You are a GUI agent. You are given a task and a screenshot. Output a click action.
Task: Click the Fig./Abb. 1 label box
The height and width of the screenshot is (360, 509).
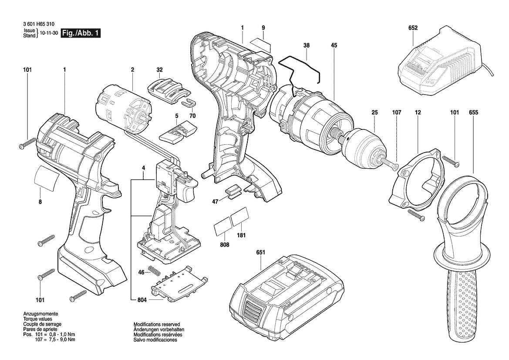point(81,33)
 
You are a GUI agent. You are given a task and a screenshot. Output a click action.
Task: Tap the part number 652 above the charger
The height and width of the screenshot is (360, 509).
point(413,28)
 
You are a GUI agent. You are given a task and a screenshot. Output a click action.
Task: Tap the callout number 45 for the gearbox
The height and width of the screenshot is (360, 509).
point(334,45)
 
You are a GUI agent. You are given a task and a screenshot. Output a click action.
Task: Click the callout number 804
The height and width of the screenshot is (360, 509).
point(142,300)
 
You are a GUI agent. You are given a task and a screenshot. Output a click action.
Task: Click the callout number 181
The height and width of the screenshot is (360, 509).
point(241,235)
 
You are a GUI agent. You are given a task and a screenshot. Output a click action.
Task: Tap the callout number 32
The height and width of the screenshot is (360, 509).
point(159,69)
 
